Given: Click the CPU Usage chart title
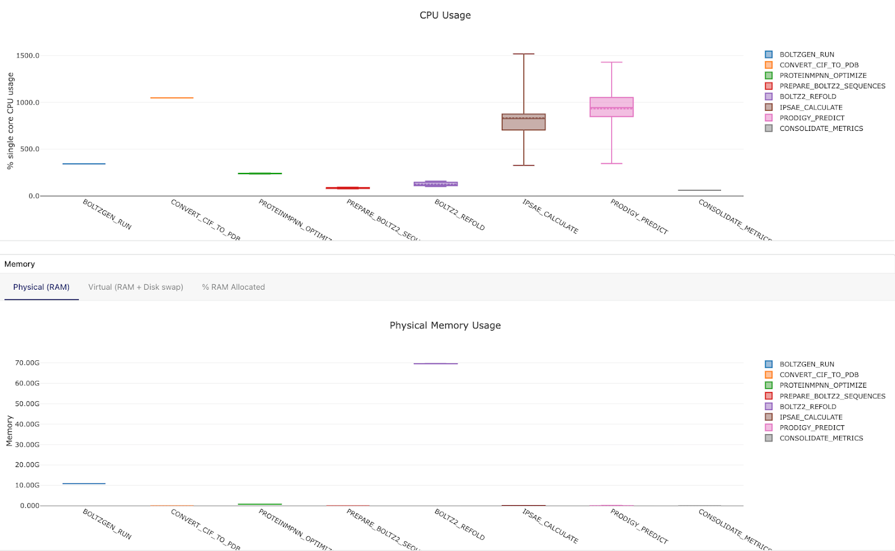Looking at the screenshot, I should point(445,15).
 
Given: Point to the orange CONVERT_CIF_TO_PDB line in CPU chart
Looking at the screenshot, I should point(172,98).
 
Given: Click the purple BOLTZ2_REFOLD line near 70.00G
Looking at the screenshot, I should point(436,364).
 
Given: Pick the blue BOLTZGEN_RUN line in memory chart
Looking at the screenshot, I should point(84,483).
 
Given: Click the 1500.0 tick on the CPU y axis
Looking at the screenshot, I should point(27,55).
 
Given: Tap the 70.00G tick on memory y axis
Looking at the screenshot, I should point(27,363).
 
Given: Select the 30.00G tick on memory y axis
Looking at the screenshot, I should point(27,445).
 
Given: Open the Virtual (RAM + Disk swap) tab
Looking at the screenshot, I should point(135,287).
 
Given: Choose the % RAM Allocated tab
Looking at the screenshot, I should point(233,287).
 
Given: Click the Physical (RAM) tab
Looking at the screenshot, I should point(41,287).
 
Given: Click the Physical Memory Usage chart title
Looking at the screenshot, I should point(445,326).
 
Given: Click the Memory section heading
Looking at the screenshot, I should point(20,264).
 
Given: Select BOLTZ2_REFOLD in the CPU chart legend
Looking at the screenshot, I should point(808,97).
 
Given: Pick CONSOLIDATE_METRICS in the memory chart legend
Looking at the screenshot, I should point(821,438).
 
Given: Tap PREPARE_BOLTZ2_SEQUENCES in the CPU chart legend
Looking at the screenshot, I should point(832,86).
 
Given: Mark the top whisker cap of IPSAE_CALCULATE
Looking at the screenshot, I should point(524,54).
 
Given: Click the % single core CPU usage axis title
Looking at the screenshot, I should point(10,121).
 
